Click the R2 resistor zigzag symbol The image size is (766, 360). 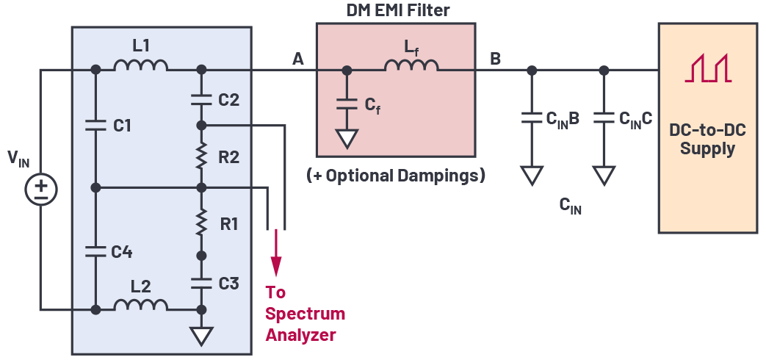pyautogui.click(x=201, y=156)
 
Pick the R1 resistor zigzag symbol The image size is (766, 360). pyautogui.click(x=201, y=222)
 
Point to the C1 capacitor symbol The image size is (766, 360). pyautogui.click(x=95, y=126)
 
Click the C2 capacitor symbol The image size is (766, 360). pyautogui.click(x=201, y=98)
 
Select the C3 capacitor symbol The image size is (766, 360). pyautogui.click(x=201, y=282)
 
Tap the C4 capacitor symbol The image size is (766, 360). pyautogui.click(x=95, y=251)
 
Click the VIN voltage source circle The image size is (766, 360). pyautogui.click(x=41, y=190)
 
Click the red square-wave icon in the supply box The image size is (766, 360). pyautogui.click(x=708, y=67)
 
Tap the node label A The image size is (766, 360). pyautogui.click(x=297, y=59)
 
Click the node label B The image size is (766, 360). pyautogui.click(x=496, y=59)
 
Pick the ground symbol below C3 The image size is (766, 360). pyautogui.click(x=201, y=336)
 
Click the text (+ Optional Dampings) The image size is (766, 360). pyautogui.click(x=396, y=176)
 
